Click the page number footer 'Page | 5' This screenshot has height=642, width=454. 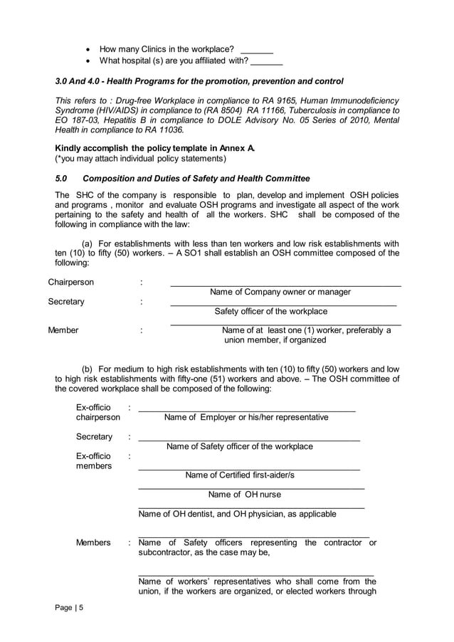[70, 607]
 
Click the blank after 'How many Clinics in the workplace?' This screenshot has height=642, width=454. [257, 51]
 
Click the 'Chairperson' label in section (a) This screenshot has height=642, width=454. [70, 282]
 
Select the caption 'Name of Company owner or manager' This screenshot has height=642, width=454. [280, 292]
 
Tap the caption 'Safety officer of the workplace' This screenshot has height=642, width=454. [270, 311]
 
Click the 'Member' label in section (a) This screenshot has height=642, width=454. [63, 330]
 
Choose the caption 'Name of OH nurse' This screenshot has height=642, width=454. [244, 494]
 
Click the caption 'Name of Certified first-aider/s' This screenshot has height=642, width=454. [240, 475]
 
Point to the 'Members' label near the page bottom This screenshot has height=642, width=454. [93, 542]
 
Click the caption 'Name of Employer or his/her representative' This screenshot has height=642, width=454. [246, 417]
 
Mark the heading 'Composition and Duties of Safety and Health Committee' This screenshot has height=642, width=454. [196, 178]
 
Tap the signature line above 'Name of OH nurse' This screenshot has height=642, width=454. [250, 488]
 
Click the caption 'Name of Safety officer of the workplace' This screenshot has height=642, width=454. [240, 446]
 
